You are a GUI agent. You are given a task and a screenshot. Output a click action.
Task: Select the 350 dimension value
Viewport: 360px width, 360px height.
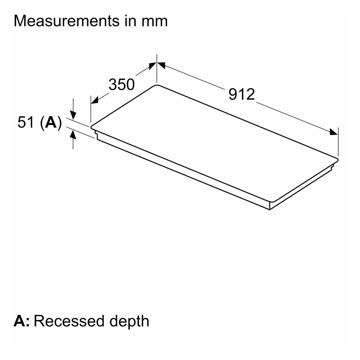pyautogui.click(x=121, y=85)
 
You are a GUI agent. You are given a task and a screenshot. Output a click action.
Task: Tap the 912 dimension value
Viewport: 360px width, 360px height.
pyautogui.click(x=242, y=94)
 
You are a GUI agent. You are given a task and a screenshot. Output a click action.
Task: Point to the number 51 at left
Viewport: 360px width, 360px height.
pyautogui.click(x=26, y=123)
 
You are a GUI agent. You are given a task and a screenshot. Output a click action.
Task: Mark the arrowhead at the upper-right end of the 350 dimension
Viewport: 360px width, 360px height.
pyautogui.click(x=152, y=66)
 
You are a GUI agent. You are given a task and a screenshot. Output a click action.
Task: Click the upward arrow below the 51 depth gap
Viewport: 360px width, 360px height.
pyautogui.click(x=73, y=135)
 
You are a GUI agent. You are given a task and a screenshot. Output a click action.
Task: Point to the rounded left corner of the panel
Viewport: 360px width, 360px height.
pyautogui.click(x=92, y=127)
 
